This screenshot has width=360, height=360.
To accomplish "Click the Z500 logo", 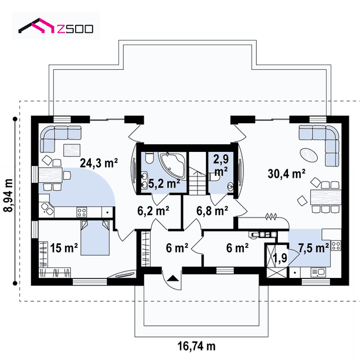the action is click(x=56, y=26).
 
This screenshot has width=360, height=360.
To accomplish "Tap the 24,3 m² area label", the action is click(x=99, y=163).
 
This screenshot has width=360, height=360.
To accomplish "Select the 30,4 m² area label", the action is click(x=287, y=174).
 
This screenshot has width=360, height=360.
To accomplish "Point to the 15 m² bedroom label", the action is click(x=64, y=248).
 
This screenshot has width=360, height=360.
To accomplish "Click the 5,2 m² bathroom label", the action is click(x=164, y=184).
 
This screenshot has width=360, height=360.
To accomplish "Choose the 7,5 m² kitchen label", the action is click(x=314, y=248).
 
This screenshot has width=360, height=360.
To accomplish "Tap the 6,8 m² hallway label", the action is click(x=212, y=210).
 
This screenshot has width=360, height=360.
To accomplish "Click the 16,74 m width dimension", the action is click(x=196, y=346).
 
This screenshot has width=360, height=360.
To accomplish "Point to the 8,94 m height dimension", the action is click(x=9, y=195).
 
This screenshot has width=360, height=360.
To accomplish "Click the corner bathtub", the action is click(x=173, y=165).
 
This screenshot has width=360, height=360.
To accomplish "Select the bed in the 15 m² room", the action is click(x=95, y=237).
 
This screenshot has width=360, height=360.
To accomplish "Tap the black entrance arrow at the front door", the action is click(x=172, y=279).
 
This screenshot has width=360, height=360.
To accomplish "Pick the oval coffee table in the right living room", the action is click(x=309, y=155).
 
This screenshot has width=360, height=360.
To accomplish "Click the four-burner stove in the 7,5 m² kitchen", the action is click(x=336, y=246).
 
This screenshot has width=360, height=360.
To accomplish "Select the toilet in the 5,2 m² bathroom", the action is click(x=150, y=158).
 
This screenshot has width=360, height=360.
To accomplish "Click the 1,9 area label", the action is click(x=280, y=257).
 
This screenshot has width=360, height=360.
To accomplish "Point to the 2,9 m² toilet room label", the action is click(x=220, y=165).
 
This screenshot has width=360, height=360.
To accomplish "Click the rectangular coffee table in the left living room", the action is click(x=72, y=150).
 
